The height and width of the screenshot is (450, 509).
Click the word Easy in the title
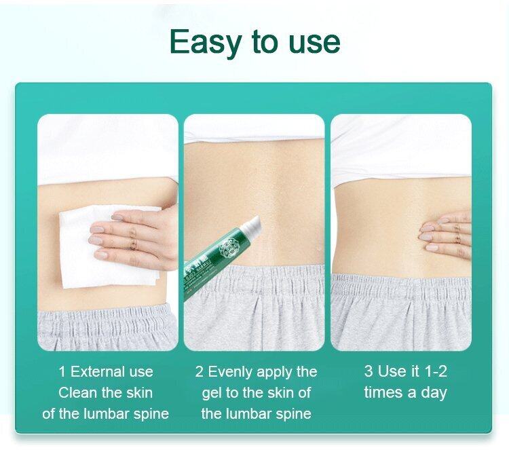206,42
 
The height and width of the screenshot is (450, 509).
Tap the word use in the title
309,42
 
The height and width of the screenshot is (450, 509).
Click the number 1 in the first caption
62,372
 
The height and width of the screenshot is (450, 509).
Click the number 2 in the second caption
200,372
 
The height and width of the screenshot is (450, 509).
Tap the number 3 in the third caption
369,372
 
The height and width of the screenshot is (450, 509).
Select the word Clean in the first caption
77,393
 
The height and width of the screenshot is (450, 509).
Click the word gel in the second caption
214,393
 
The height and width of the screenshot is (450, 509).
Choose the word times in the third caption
384,393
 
